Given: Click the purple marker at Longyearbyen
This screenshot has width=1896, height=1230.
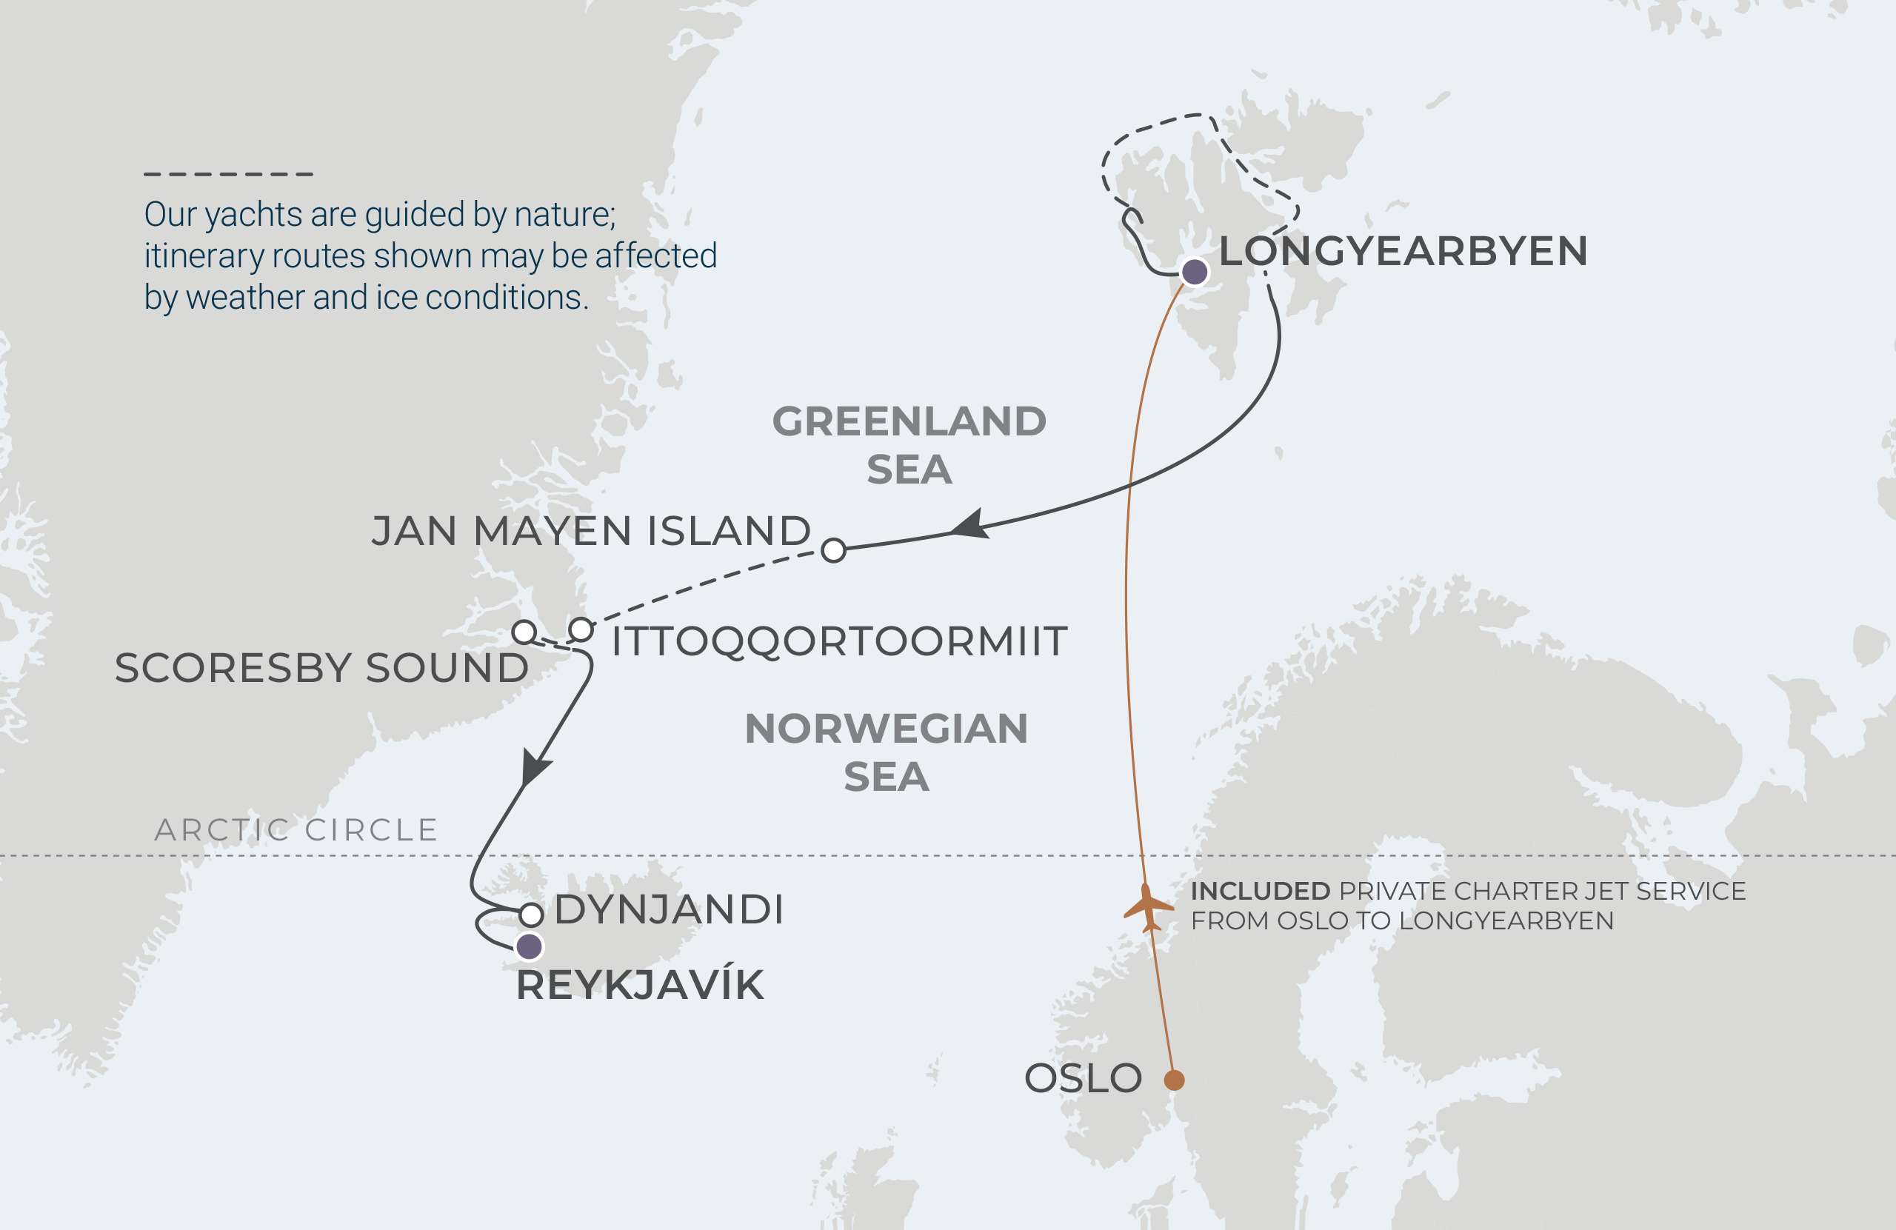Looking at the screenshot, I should [1194, 272].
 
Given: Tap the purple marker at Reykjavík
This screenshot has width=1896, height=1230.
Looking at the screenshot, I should [529, 946].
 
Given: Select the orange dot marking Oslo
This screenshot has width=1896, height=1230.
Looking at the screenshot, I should [1174, 1080].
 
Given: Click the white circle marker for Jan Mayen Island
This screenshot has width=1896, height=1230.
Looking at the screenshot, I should [833, 549].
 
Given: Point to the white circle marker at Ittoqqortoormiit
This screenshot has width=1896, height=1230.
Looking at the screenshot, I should [581, 629].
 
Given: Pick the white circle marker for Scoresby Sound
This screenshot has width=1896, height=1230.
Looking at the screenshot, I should [524, 632].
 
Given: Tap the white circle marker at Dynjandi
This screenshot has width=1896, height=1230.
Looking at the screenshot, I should [531, 914].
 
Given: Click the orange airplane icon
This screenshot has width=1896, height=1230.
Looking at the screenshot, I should [1148, 906].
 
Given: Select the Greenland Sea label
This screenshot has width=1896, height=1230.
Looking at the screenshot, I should [909, 444].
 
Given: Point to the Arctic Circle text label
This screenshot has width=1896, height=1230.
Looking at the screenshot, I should [296, 829].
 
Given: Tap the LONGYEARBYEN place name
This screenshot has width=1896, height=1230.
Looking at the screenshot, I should [1403, 250].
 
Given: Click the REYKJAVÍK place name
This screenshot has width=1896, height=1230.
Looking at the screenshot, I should [640, 985].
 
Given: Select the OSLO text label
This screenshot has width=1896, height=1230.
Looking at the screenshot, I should [1083, 1078].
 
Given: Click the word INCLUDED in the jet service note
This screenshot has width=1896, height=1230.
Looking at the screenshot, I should [1260, 891].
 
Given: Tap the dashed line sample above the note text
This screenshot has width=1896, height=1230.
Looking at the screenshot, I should [229, 174].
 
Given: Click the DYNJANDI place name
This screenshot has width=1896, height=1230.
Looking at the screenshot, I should [668, 909].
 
